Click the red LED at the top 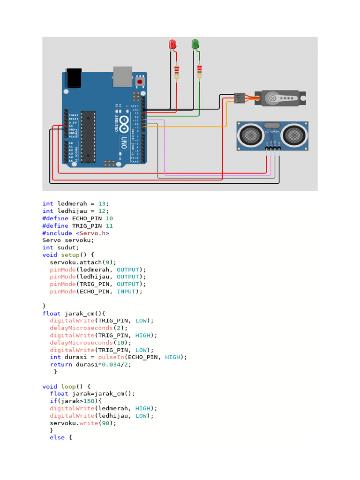click(x=172, y=45)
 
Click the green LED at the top click(x=195, y=45)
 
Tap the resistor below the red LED click(x=177, y=72)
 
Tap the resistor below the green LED click(x=199, y=72)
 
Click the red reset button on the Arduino click(x=139, y=82)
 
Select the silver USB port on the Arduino click(x=122, y=76)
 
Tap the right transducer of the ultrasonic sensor click(x=295, y=135)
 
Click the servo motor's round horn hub click(x=271, y=98)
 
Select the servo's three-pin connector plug click(x=239, y=98)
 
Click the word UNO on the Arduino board click(x=124, y=140)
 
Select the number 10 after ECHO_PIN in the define click(x=109, y=218)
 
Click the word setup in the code click(x=70, y=255)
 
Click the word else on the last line click(x=57, y=438)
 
